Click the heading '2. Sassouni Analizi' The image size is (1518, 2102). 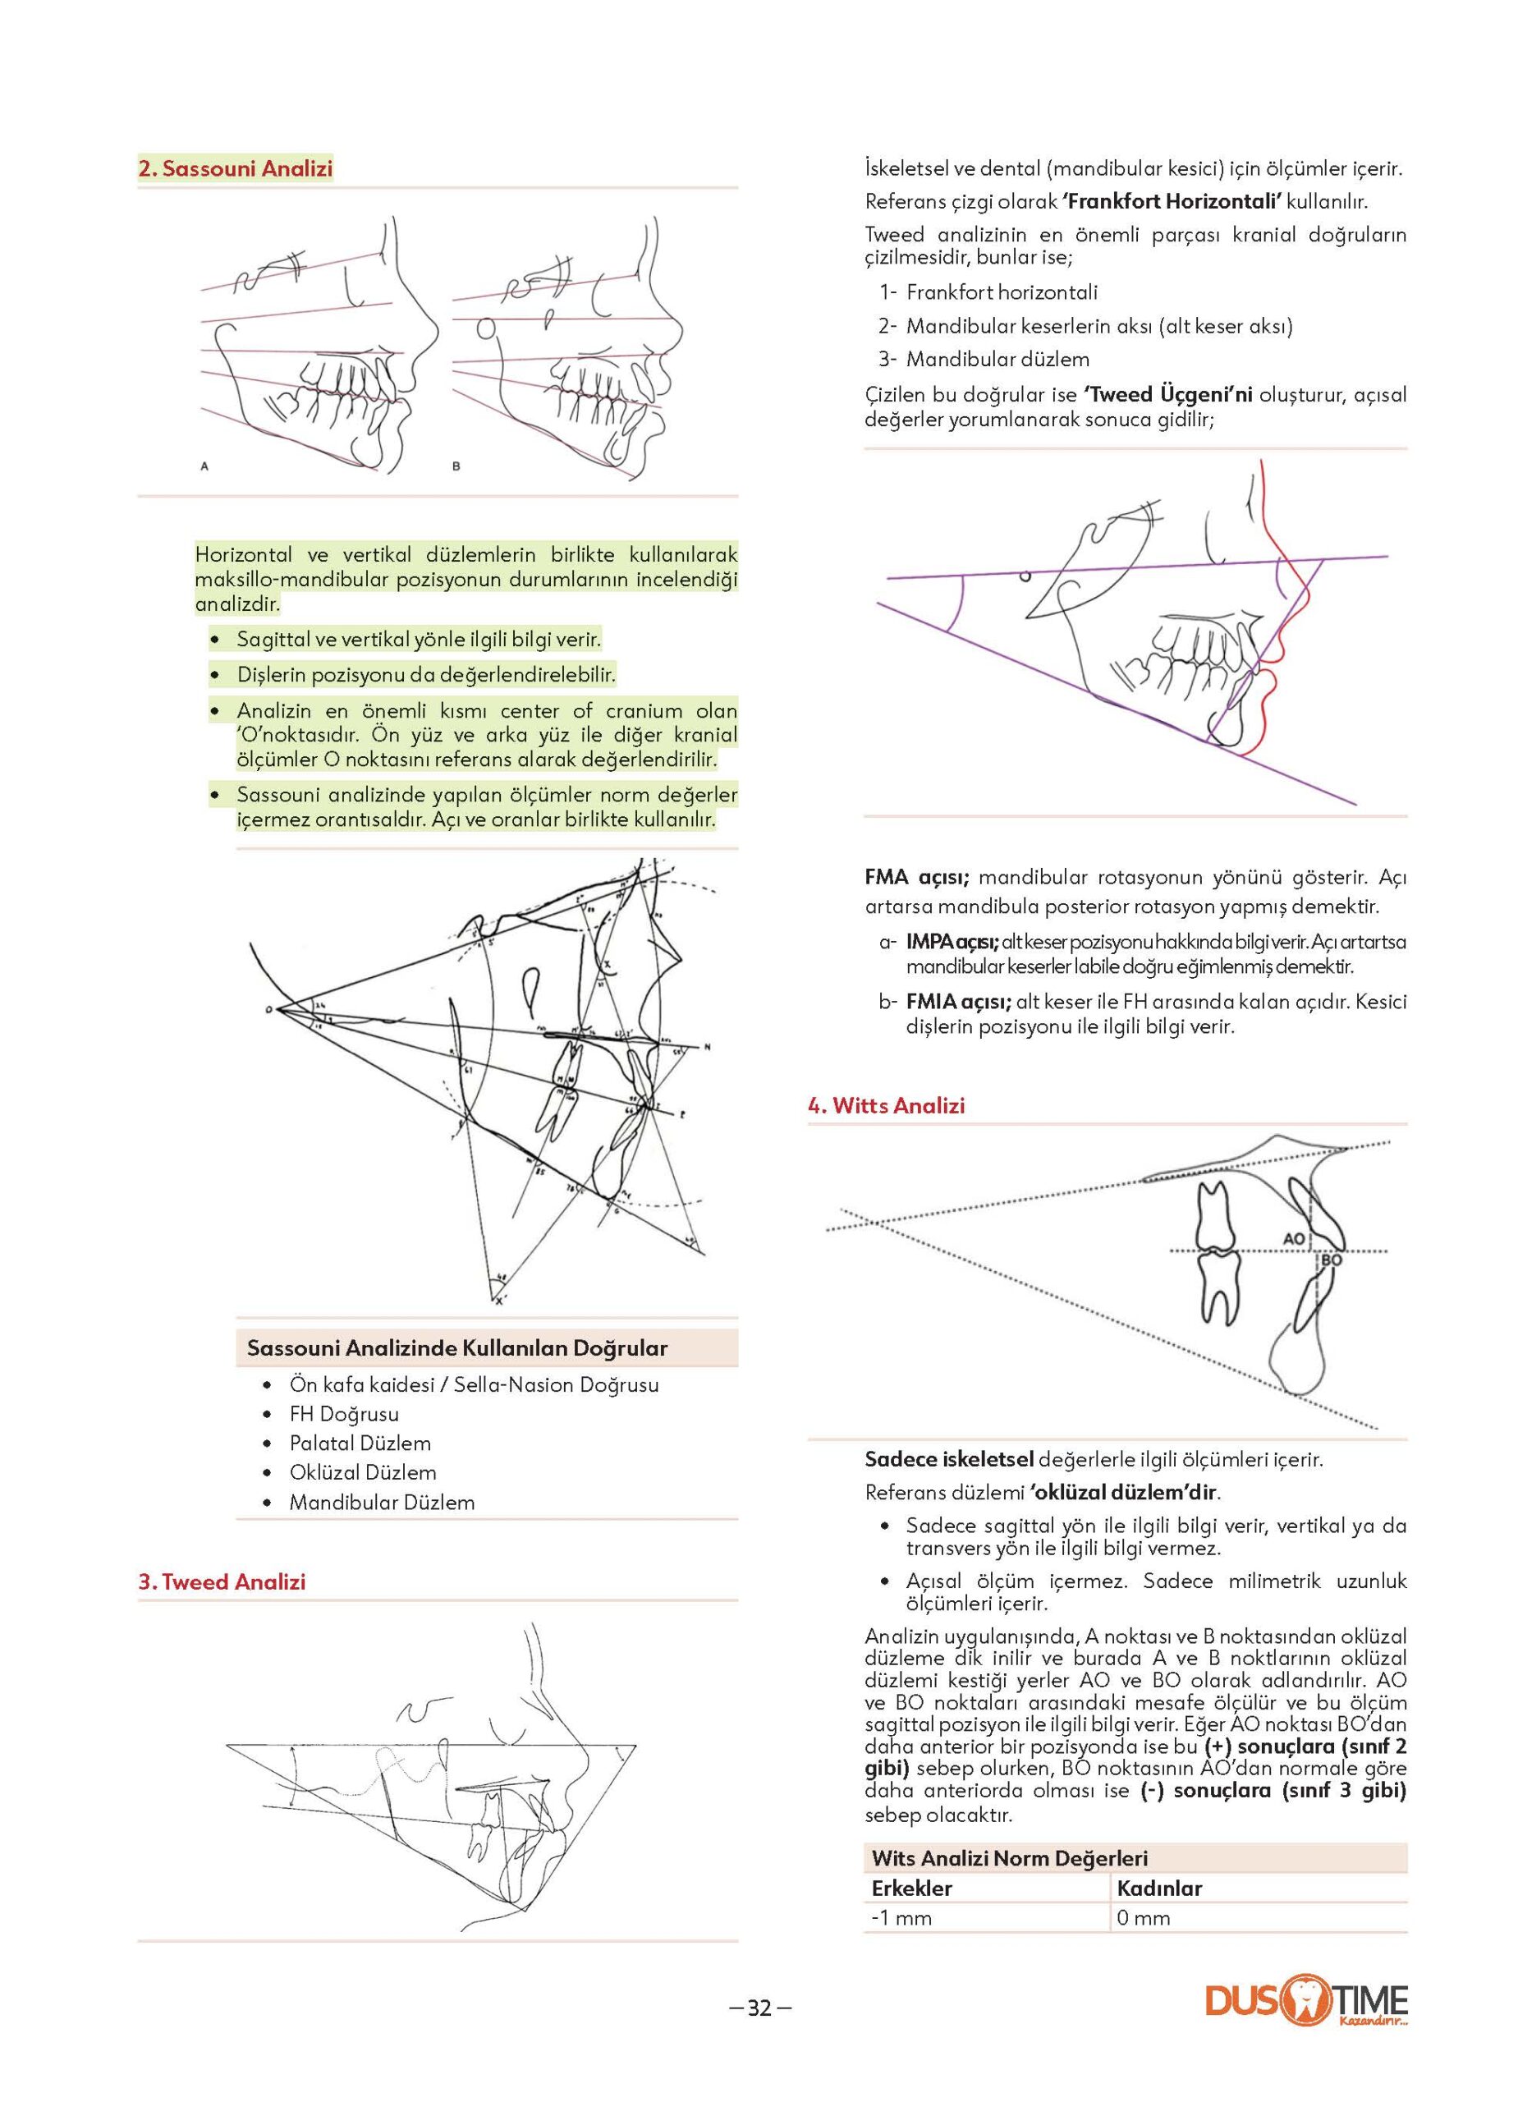pos(235,168)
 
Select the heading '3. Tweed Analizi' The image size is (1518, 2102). pos(222,1581)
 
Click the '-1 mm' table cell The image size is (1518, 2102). pos(901,1916)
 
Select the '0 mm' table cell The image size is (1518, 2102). pos(1144,1916)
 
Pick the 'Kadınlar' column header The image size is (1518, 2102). pos(1158,1888)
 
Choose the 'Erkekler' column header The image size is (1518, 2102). pos(911,1888)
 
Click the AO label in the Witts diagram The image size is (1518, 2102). pos(1295,1237)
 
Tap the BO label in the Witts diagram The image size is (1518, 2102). pos(1331,1260)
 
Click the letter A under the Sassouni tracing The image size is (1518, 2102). pos(204,467)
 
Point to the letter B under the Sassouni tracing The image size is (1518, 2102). pos(456,467)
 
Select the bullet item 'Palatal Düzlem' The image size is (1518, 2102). pos(360,1443)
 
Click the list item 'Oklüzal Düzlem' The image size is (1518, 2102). pos(362,1471)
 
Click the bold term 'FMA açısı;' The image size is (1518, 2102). pos(916,877)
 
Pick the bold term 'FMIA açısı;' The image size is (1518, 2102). pos(957,1001)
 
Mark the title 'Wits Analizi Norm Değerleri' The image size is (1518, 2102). pos(1009,1857)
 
